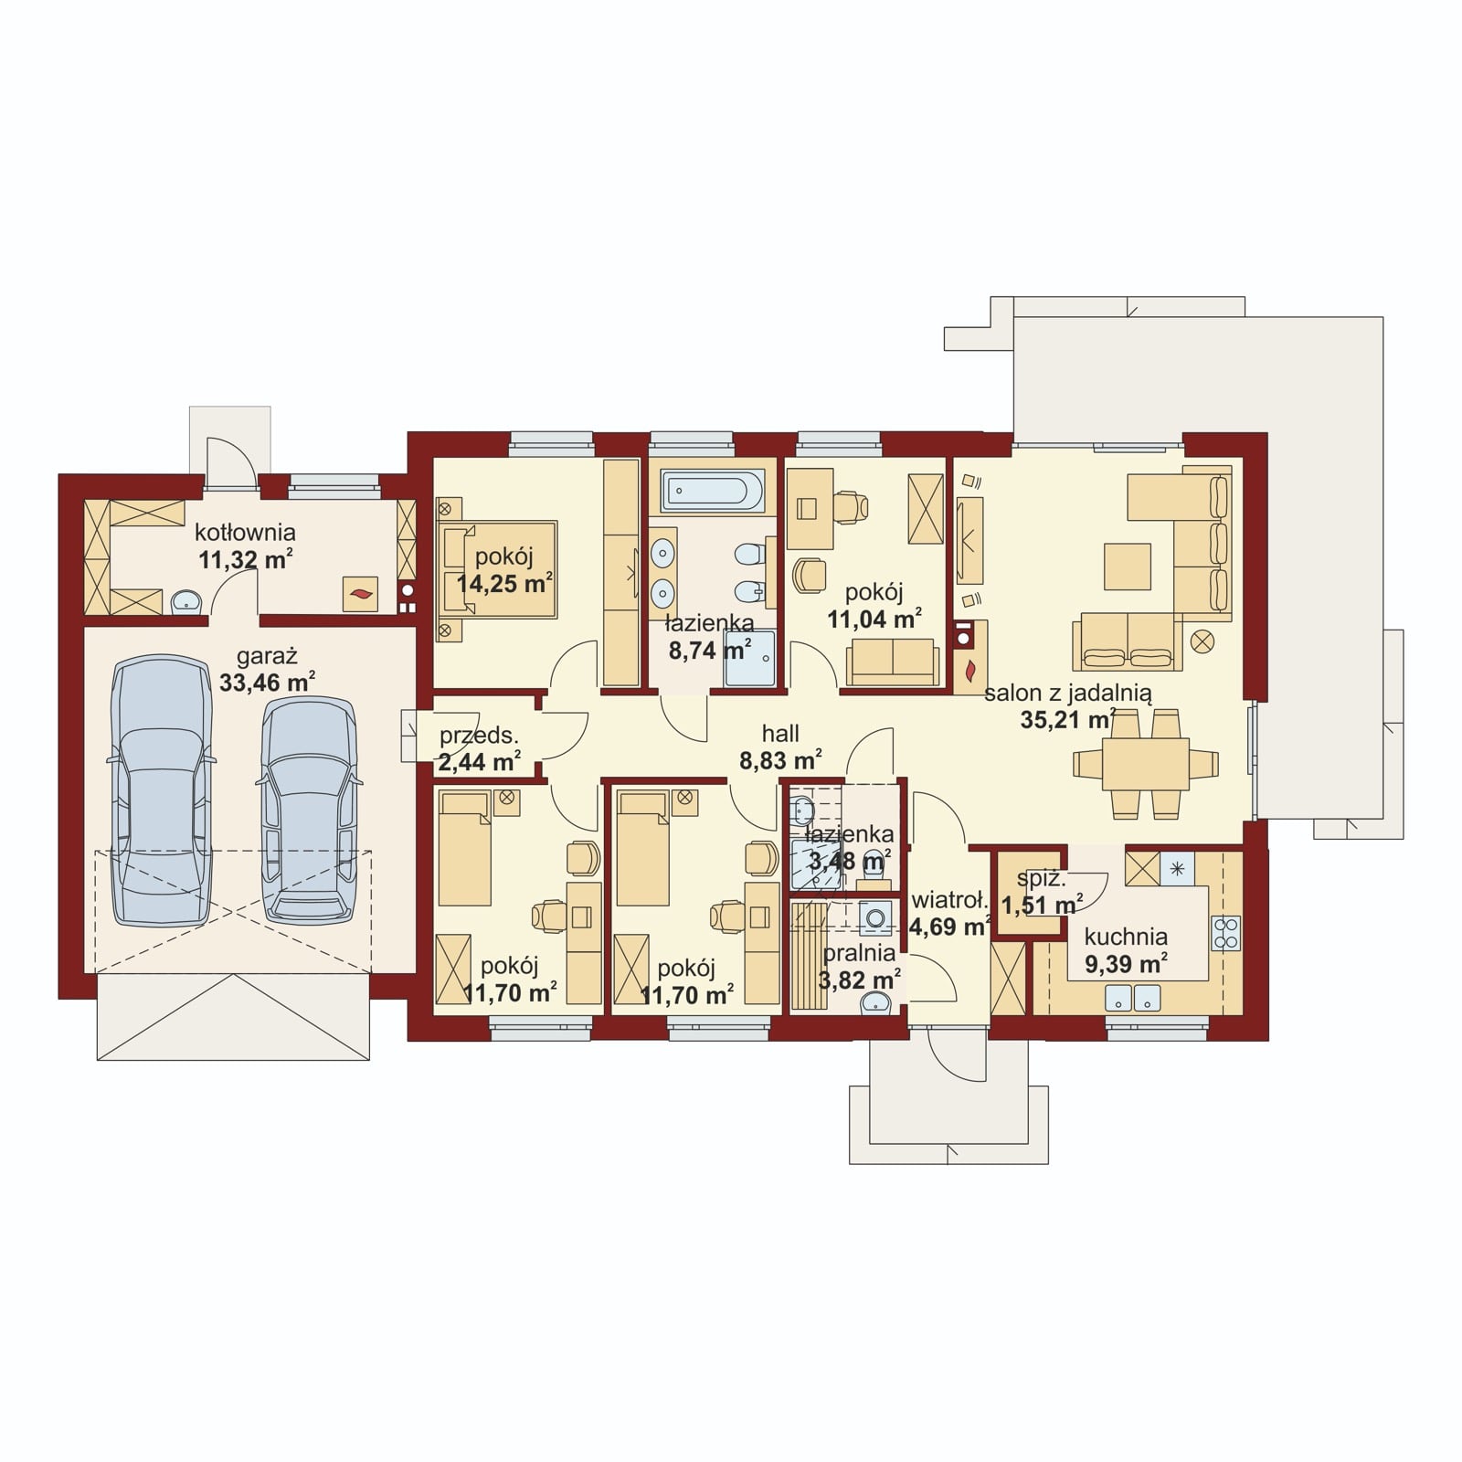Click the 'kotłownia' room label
click(x=245, y=532)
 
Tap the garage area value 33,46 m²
click(x=268, y=681)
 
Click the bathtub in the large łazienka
click(x=713, y=492)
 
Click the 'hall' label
click(x=780, y=733)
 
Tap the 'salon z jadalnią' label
click(x=1068, y=694)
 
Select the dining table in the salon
click(x=1146, y=764)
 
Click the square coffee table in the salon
click(x=1128, y=567)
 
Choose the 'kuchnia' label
click(x=1126, y=937)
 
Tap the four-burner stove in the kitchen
click(x=1225, y=934)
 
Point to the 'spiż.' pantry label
click(x=1042, y=880)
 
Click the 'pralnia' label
click(x=859, y=953)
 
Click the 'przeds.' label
click(x=479, y=735)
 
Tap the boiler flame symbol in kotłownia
click(x=357, y=595)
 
